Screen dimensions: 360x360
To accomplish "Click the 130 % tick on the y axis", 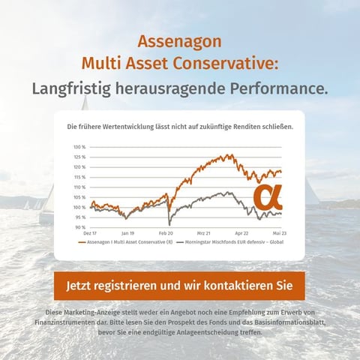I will click(79, 147).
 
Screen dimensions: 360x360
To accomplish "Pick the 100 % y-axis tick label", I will click(79, 207).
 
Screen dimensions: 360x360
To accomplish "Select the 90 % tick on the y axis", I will click(79, 226).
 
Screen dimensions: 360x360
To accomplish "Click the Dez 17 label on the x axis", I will click(90, 234).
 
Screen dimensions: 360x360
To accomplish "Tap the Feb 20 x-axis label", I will click(166, 234).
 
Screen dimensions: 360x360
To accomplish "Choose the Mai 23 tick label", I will click(280, 234).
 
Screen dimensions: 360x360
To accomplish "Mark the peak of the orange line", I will click(225, 155).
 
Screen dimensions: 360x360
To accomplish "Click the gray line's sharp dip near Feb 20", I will click(170, 223).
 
